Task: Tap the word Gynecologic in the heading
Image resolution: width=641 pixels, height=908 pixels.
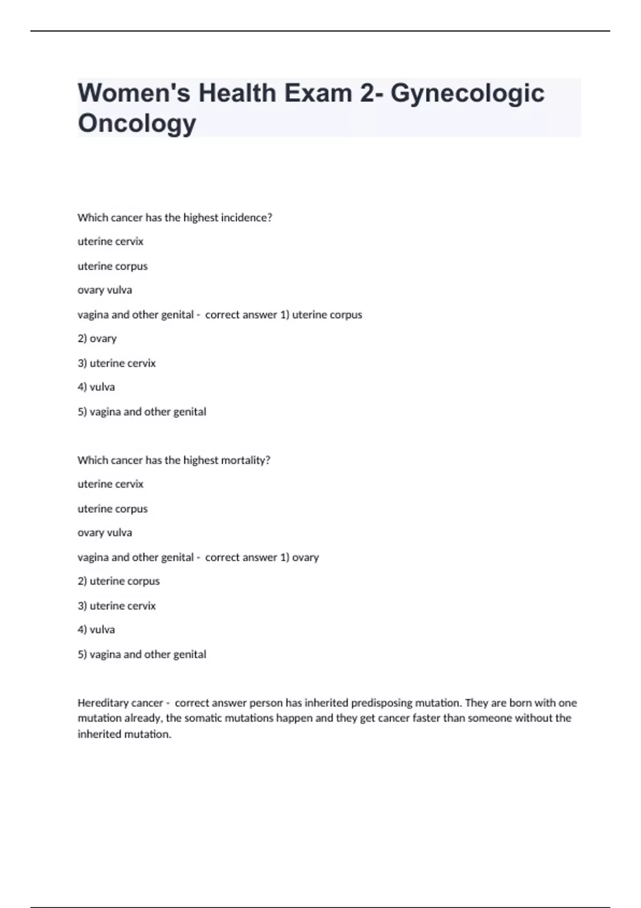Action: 467,94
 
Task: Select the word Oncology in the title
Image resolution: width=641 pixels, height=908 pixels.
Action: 137,123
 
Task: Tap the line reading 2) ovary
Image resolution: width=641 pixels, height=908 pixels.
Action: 97,339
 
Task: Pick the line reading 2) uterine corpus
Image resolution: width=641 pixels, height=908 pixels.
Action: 119,581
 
